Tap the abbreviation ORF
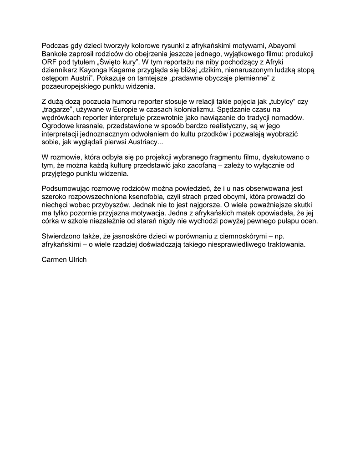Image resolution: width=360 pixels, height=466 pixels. point(49,62)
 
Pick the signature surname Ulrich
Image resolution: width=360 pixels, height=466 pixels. point(77,261)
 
